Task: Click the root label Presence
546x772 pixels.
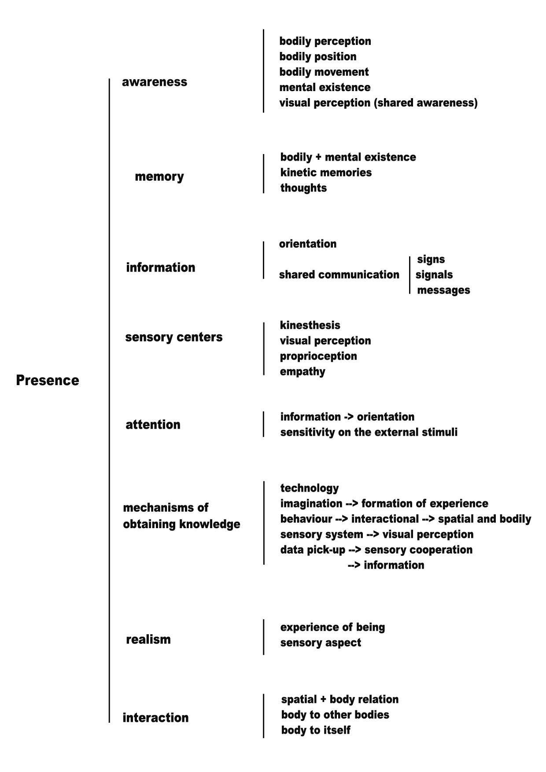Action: point(48,380)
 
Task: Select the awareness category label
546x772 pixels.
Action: point(155,82)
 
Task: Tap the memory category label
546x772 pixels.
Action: point(159,176)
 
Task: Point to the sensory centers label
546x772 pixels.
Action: point(174,337)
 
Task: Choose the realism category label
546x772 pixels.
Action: point(148,639)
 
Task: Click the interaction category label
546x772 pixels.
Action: point(155,717)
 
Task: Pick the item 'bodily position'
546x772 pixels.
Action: point(318,57)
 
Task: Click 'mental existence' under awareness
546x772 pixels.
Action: point(325,87)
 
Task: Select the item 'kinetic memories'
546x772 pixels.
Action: point(326,173)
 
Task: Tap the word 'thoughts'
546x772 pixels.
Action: point(303,188)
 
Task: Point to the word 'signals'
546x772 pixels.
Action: point(434,275)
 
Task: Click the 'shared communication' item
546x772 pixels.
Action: point(339,275)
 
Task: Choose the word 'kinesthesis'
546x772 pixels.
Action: point(310,325)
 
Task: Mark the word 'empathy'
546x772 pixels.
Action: point(303,371)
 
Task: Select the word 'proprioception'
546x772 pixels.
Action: point(318,356)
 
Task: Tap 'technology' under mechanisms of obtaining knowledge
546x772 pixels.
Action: point(310,488)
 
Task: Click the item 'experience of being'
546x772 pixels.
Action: point(332,627)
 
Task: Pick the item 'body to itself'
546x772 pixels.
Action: point(316,730)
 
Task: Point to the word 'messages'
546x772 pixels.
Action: point(443,290)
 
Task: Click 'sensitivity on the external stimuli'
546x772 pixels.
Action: point(369,432)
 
